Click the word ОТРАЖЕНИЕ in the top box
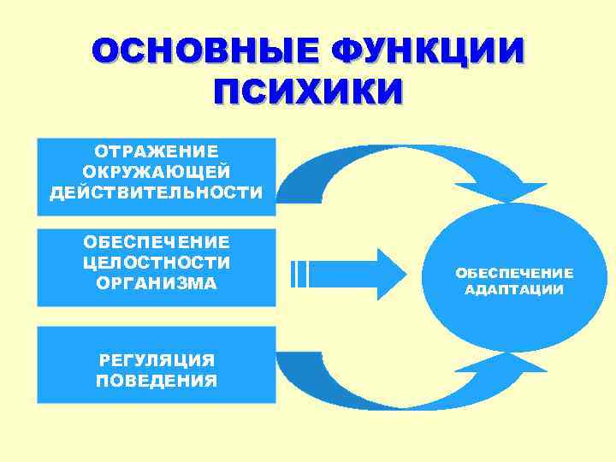point(157,151)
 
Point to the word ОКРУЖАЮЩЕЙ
point(157,172)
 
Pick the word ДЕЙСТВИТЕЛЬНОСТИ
point(157,192)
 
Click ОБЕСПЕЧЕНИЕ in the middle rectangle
point(157,241)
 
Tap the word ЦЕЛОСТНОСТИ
point(157,262)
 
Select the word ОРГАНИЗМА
point(157,282)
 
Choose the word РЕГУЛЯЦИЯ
point(157,360)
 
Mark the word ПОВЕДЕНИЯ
point(157,381)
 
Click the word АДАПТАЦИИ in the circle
point(513,290)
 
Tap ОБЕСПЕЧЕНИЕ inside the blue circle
point(513,273)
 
